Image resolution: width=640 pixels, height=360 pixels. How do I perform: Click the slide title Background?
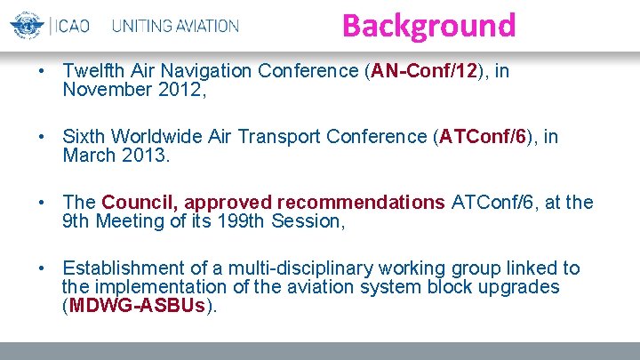click(x=428, y=25)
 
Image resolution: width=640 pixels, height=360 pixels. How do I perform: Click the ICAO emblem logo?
click(x=26, y=25)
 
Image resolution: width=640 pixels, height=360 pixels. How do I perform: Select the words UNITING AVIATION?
click(x=176, y=26)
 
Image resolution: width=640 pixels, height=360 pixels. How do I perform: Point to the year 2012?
click(x=183, y=89)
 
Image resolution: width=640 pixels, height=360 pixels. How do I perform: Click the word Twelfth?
click(x=92, y=71)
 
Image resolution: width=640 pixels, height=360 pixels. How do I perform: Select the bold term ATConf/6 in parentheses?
click(x=484, y=137)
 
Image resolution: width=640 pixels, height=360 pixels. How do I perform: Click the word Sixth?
click(x=85, y=137)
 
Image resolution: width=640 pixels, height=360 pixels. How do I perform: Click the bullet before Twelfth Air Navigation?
click(x=43, y=71)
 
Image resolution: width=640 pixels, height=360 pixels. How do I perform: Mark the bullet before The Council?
click(x=43, y=203)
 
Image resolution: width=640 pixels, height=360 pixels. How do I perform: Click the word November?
click(x=102, y=89)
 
